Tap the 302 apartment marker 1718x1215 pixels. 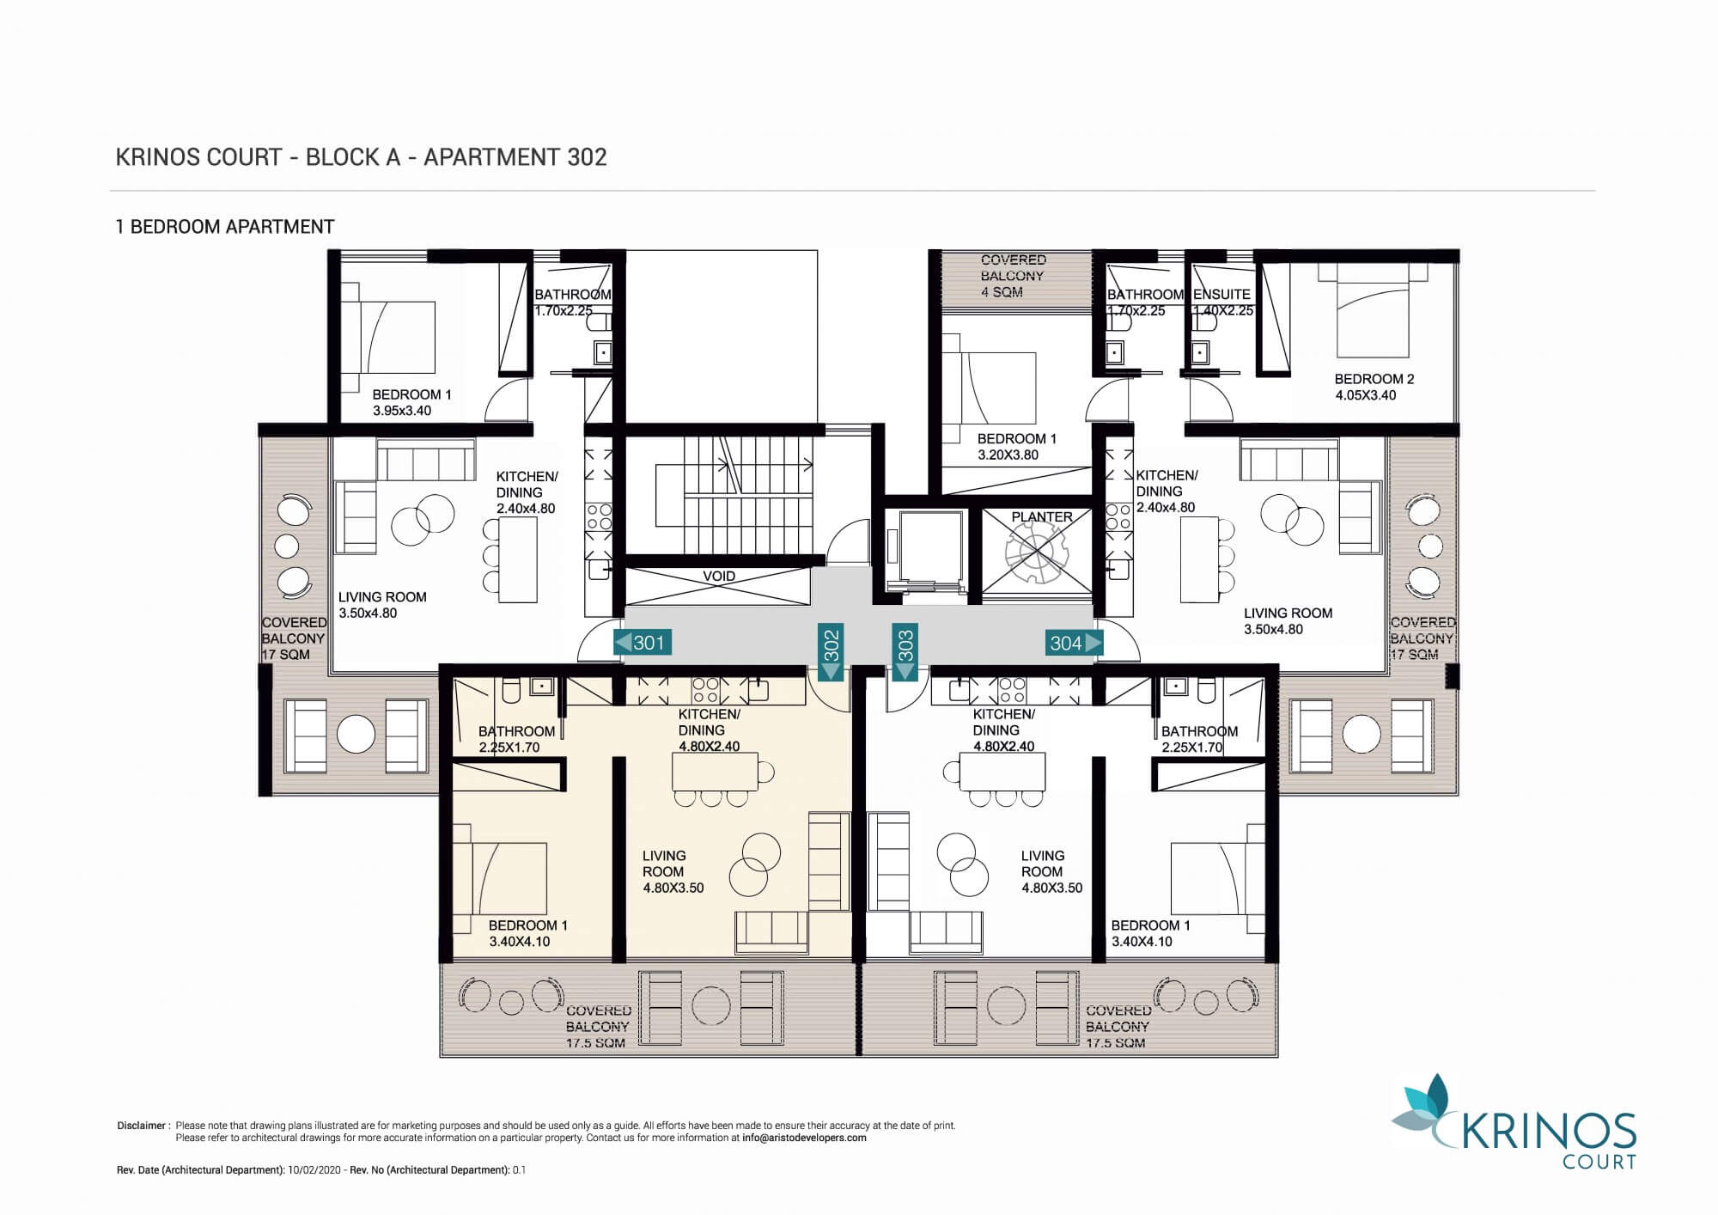click(x=832, y=652)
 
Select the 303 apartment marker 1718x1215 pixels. click(x=905, y=652)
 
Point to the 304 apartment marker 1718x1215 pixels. click(x=1074, y=643)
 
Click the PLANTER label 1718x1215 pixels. click(x=1042, y=517)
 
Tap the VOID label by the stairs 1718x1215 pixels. click(x=719, y=577)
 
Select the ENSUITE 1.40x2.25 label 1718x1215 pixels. click(x=1222, y=302)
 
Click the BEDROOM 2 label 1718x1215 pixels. click(x=1374, y=387)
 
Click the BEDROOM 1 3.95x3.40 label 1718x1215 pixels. click(x=411, y=402)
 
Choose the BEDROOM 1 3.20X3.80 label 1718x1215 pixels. click(x=1017, y=447)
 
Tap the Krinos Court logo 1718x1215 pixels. click(x=1514, y=1122)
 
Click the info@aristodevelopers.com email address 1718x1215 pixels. click(x=804, y=1138)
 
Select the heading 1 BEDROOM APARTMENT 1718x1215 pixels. click(x=225, y=227)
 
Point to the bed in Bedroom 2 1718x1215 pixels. click(x=1373, y=311)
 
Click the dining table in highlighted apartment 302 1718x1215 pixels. click(x=715, y=772)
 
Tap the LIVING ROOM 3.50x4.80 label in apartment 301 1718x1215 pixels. click(x=382, y=605)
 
